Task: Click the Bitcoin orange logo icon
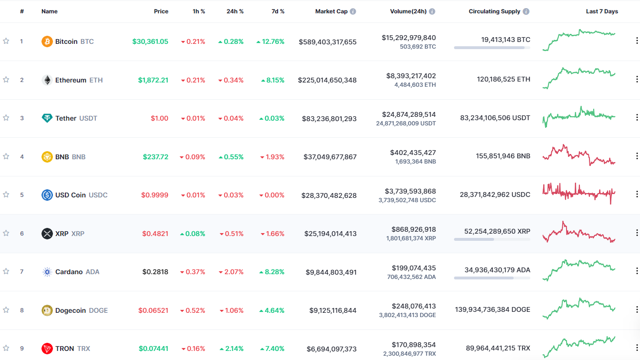(47, 41)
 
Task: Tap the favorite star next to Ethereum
(6, 80)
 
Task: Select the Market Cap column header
(331, 11)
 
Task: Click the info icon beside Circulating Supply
(526, 11)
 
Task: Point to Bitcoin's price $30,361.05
(150, 41)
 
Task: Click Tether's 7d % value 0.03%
(272, 118)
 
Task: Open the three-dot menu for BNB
(637, 156)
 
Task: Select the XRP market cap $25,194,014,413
(330, 234)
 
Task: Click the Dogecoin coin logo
(47, 310)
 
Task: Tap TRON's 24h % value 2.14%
(231, 349)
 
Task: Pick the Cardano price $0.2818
(155, 272)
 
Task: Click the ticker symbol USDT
(88, 118)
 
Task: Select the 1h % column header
(199, 11)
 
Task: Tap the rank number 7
(21, 272)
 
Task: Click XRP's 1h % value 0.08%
(193, 234)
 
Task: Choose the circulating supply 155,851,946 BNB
(503, 156)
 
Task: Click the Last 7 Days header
(602, 11)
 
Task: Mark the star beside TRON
(6, 348)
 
